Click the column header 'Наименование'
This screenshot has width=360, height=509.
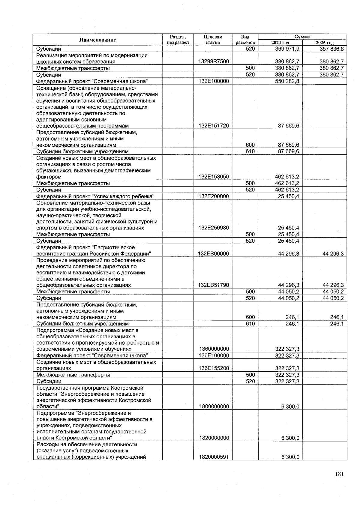click(x=97, y=40)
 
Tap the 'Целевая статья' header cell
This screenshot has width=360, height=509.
click(x=213, y=40)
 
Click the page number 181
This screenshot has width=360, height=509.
click(x=339, y=474)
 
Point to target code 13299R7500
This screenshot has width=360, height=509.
click(x=214, y=62)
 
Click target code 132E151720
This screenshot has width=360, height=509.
click(x=214, y=126)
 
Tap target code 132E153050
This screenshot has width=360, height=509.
click(x=214, y=177)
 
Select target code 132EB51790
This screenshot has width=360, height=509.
click(x=214, y=285)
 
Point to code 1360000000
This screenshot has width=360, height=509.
click(x=214, y=349)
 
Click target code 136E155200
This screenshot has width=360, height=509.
click(x=214, y=368)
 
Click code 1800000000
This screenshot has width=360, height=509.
click(x=214, y=407)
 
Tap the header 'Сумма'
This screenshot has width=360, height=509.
click(x=302, y=37)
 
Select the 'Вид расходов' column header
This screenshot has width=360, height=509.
click(x=245, y=40)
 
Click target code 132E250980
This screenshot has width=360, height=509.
click(x=214, y=228)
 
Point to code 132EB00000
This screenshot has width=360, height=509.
click(x=214, y=254)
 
